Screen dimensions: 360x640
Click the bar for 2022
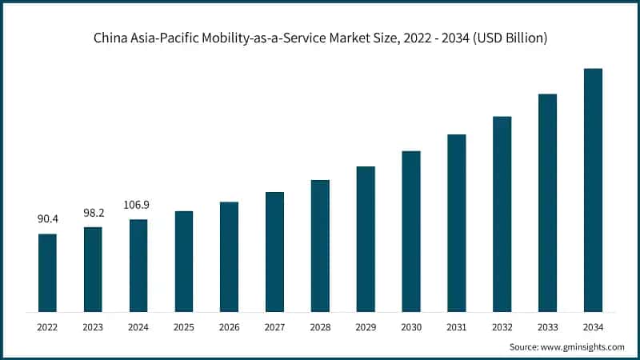point(47,273)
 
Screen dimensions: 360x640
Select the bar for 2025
point(184,262)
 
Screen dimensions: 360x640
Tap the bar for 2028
point(320,246)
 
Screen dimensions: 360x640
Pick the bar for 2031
point(456,223)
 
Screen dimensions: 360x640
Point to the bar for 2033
point(547,203)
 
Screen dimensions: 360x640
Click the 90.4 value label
point(47,218)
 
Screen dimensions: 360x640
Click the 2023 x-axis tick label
point(93,326)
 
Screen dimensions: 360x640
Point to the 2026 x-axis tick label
point(229,326)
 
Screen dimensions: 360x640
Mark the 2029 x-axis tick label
point(366,326)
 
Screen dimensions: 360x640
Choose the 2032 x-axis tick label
point(502,326)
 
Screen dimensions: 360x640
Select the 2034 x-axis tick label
point(593,326)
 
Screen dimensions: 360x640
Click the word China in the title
point(109,37)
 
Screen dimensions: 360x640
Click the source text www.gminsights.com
point(582,346)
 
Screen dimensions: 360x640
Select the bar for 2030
point(411,231)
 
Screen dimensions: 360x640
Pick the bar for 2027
point(274,252)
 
